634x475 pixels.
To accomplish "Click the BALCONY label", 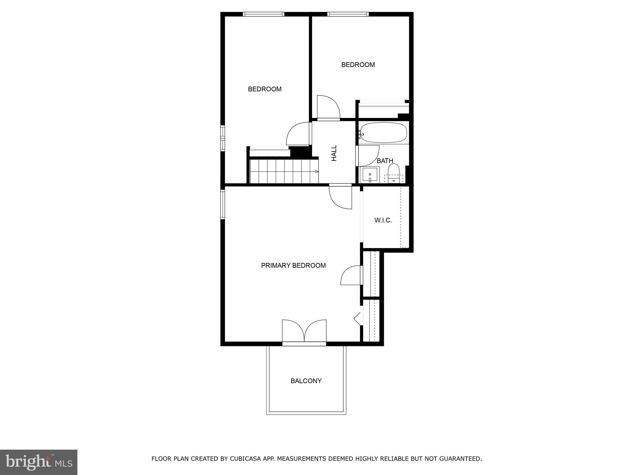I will pos(306,381).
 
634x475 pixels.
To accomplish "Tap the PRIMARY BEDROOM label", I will pos(293,265).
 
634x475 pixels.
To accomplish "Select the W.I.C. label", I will pos(383,220).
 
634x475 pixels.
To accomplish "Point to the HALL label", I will pos(334,153).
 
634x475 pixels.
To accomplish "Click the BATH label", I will pos(385,161).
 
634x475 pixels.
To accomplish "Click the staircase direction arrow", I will pos(316,172).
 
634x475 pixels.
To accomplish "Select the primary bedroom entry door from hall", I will pos(341,197).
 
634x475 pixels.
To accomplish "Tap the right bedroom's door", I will pos(328,107).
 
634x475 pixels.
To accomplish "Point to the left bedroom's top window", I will pos(263,14).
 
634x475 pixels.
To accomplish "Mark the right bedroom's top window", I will pos(348,14).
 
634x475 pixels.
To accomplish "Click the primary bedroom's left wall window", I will pos(223,204).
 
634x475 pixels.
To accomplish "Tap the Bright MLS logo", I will pos(39,462).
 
